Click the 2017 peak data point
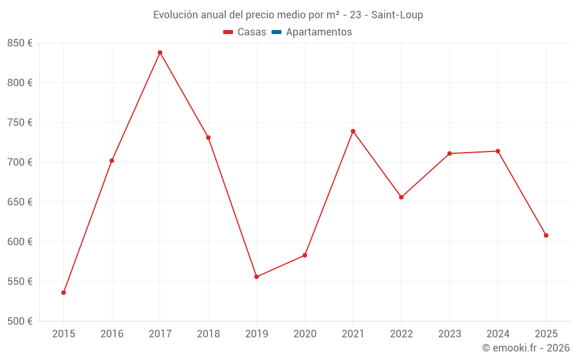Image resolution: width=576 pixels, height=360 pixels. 160,52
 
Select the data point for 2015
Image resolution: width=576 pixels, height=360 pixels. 63,293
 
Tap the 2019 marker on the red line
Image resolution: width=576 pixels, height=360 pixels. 256,277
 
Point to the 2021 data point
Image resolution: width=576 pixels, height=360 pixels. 353,131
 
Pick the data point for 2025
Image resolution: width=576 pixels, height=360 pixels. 546,235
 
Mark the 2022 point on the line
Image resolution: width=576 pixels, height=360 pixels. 401,197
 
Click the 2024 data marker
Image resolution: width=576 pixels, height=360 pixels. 498,151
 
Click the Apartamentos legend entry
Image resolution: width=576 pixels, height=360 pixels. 319,32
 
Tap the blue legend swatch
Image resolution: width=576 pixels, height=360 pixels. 276,32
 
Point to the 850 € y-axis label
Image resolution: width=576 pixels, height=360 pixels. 20,43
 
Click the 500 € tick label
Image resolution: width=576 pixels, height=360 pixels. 20,321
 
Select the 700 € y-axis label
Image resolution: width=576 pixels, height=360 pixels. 20,162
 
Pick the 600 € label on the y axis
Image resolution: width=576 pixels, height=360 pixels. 20,241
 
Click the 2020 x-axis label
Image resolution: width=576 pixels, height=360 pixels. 305,334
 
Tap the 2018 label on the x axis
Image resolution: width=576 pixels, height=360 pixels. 208,334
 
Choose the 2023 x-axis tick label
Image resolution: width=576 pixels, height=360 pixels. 449,334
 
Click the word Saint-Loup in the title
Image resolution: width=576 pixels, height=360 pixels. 397,15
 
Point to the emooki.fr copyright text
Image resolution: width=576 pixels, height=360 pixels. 526,348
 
